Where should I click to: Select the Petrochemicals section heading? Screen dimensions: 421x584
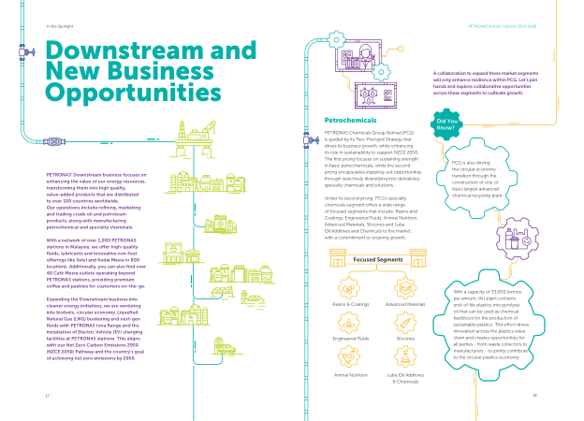click(x=349, y=122)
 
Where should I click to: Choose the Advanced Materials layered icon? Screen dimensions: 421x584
click(x=404, y=286)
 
